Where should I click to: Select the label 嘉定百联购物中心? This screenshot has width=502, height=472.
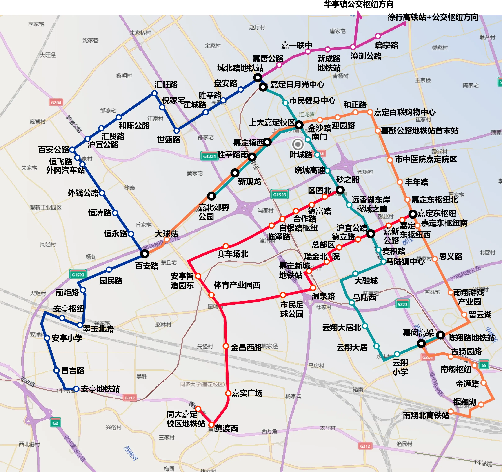click(404, 112)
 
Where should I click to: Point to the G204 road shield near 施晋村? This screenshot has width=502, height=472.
click(56, 102)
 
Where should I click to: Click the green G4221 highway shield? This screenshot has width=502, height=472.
click(209, 156)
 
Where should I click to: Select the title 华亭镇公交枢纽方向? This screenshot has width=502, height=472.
click(359, 4)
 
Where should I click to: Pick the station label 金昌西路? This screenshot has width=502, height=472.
click(246, 347)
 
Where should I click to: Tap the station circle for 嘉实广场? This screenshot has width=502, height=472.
click(228, 393)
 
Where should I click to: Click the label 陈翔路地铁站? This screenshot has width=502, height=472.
click(471, 338)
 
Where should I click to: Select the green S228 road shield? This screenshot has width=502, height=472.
click(402, 304)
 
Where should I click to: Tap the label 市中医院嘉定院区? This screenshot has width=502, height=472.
click(426, 159)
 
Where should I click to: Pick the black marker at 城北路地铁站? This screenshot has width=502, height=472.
click(258, 77)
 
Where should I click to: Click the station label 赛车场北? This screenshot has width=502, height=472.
click(233, 254)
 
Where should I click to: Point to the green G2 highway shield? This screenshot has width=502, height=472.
click(55, 423)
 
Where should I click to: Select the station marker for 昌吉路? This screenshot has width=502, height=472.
click(57, 370)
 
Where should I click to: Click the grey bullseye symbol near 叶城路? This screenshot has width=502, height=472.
click(298, 144)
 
